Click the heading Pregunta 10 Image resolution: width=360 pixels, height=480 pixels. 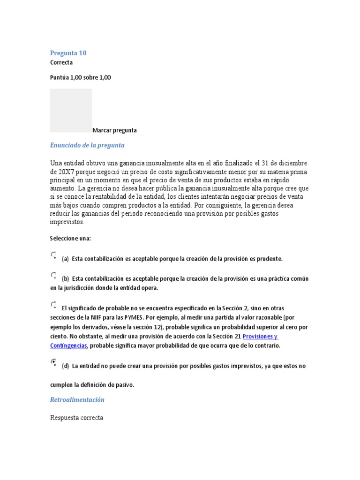tap(68, 53)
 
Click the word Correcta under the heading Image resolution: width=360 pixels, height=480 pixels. tap(61, 62)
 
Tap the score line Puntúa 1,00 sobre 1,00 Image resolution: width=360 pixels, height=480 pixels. tap(80, 77)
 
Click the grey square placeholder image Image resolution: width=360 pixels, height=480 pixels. tap(71, 110)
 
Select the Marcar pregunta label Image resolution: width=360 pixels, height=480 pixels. tap(114, 130)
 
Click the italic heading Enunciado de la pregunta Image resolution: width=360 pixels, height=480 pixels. tap(87, 145)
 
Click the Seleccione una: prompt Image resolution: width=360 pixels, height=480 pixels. tap(70, 238)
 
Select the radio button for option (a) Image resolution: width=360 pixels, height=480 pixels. tap(53, 255)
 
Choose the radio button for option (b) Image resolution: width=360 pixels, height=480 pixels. tap(53, 275)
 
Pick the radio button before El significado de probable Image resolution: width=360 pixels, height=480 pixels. tap(53, 305)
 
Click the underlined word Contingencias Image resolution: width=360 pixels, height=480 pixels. tap(69, 345)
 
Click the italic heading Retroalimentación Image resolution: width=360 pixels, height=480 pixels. tap(77, 400)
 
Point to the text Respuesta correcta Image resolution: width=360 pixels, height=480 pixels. tap(76, 417)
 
